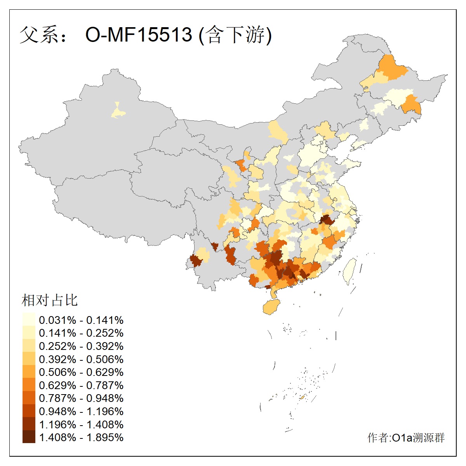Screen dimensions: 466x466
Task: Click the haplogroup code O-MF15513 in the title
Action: [139, 35]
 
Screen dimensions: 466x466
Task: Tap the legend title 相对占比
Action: [50, 300]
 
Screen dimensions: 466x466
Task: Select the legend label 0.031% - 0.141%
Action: [81, 320]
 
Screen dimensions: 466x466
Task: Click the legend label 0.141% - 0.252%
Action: [81, 333]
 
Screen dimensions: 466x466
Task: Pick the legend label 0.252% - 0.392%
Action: [81, 346]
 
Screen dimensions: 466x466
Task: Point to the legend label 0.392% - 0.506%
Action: [81, 359]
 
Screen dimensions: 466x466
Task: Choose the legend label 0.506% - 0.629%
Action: [81, 372]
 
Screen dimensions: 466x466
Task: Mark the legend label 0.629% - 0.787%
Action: [81, 385]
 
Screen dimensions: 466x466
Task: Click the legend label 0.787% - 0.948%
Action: [81, 398]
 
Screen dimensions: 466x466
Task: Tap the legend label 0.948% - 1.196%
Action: [81, 411]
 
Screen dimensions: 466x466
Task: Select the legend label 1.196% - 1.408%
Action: [81, 424]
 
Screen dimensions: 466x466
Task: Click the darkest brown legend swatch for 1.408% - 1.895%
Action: [29, 437]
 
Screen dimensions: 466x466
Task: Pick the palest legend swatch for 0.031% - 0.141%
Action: [29, 320]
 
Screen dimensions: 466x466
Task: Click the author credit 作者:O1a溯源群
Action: [406, 438]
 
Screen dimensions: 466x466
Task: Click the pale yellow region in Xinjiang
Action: [118, 112]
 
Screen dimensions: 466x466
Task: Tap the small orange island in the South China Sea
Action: [302, 397]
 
